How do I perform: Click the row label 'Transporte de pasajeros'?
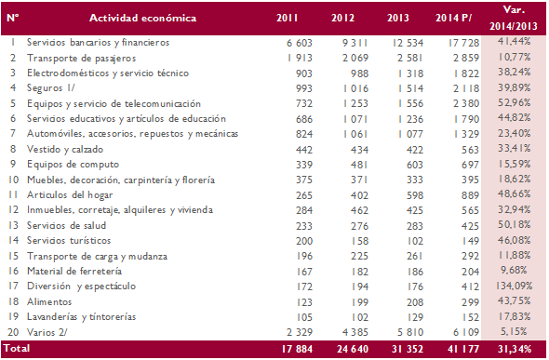coord(82,57)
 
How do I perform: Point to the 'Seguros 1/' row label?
coord(52,87)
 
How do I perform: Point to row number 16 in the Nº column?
coord(12,270)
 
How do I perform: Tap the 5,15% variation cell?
coord(516,330)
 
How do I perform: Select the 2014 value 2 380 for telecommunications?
coord(462,103)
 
